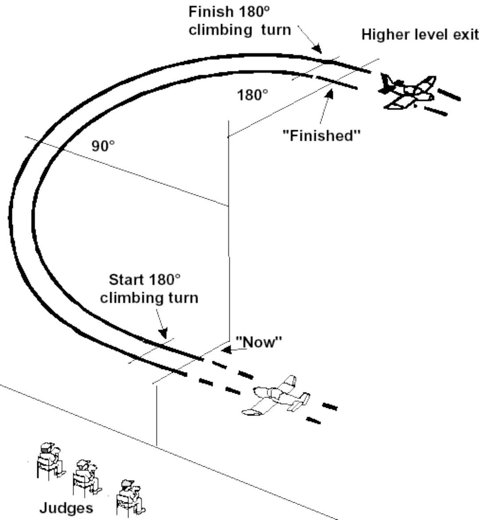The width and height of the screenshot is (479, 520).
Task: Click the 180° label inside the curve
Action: click(252, 95)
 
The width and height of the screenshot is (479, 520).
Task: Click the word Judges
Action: click(66, 508)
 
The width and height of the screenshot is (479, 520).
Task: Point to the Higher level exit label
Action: click(419, 35)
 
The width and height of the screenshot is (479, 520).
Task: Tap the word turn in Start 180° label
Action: click(181, 298)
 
